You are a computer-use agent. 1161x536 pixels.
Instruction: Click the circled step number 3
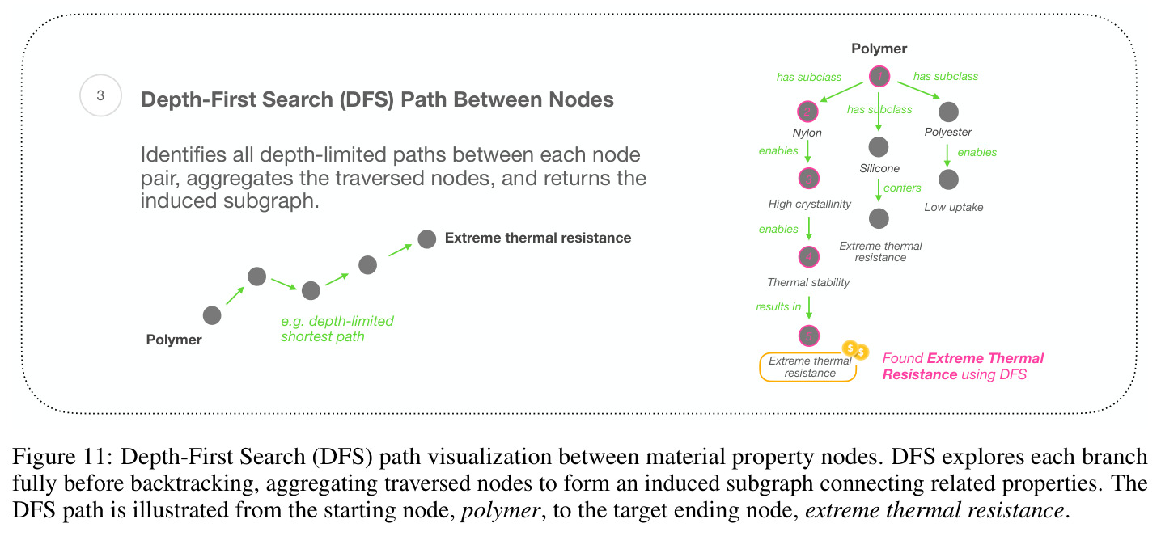click(x=100, y=95)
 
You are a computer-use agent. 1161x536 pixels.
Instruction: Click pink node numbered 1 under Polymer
click(x=879, y=77)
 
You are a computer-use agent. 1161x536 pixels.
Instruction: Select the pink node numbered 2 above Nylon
click(x=807, y=112)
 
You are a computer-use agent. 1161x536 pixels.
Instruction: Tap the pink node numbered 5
click(x=808, y=336)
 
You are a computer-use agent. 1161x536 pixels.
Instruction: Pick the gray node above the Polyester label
click(x=948, y=112)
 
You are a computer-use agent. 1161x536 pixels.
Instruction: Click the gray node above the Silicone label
click(x=879, y=147)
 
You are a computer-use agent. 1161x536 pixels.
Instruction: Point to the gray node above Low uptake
click(x=948, y=179)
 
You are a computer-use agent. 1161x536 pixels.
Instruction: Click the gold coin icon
click(x=854, y=350)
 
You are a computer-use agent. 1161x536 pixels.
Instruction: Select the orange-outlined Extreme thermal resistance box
click(x=807, y=367)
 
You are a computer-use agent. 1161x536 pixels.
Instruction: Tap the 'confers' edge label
click(x=902, y=188)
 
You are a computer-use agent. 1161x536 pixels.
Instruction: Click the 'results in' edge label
click(x=778, y=306)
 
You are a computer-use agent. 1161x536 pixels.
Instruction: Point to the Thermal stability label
click(x=808, y=282)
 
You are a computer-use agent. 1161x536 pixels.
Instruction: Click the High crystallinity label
click(x=809, y=204)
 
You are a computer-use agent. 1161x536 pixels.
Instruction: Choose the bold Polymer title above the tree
click(x=879, y=49)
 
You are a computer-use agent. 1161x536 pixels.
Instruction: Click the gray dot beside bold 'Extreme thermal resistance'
click(x=426, y=239)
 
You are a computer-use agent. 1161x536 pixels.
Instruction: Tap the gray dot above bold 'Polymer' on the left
click(x=212, y=315)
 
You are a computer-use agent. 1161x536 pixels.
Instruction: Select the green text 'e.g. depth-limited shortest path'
click(x=337, y=329)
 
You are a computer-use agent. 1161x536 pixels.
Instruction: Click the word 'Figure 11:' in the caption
click(x=62, y=457)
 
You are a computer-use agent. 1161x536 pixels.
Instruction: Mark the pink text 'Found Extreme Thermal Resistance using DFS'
click(x=963, y=366)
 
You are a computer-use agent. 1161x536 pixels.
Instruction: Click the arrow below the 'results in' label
click(x=809, y=308)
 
